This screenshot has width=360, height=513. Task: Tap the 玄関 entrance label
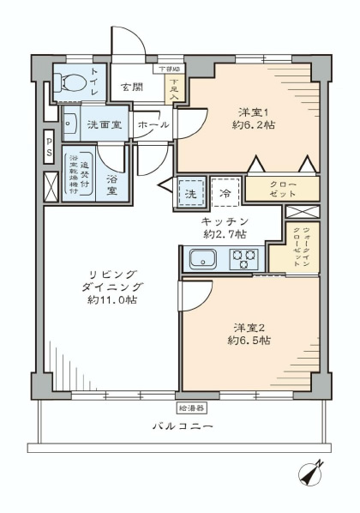pos(131,87)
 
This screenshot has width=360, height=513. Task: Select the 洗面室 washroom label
pos(104,124)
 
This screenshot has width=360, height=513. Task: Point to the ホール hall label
pos(153,125)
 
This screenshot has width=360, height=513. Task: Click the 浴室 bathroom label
pos(113,181)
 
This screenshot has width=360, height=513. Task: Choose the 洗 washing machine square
pos(192,193)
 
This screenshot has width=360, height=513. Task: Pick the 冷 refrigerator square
pos(225,193)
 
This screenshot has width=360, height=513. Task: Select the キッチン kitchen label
pos(225,221)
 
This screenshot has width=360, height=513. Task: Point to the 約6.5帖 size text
pos(249,341)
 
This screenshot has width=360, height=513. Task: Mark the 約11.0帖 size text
pos(108,300)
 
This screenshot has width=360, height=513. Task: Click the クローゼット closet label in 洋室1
pos(282,189)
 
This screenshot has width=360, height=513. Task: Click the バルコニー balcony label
pos(183,426)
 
